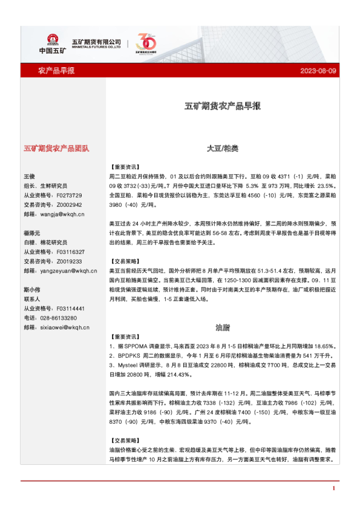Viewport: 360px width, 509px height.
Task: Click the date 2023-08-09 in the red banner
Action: [x=318, y=71]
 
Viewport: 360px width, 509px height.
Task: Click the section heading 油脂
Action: [x=222, y=327]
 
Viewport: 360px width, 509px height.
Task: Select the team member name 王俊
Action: [x=30, y=177]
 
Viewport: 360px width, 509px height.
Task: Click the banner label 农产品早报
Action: [x=56, y=71]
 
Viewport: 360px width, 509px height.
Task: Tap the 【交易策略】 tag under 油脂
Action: [x=125, y=441]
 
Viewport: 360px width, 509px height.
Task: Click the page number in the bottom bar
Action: [x=333, y=488]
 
